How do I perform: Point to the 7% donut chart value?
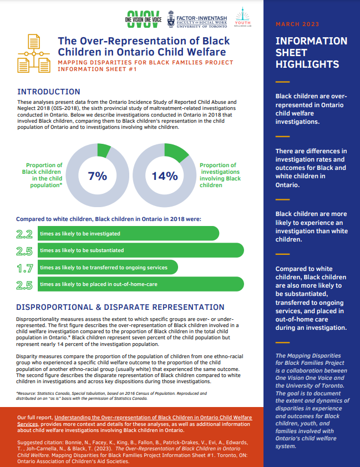click(x=97, y=176)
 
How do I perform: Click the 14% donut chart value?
click(x=165, y=176)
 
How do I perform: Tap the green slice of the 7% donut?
click(x=104, y=149)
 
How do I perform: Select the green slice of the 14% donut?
click(x=176, y=152)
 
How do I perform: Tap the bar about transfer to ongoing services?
click(x=108, y=268)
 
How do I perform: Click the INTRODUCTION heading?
click(x=49, y=92)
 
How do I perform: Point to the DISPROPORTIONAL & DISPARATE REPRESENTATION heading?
click(x=120, y=307)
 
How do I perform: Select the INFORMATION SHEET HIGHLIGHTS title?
click(x=311, y=53)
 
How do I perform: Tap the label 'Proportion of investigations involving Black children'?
click(x=220, y=175)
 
